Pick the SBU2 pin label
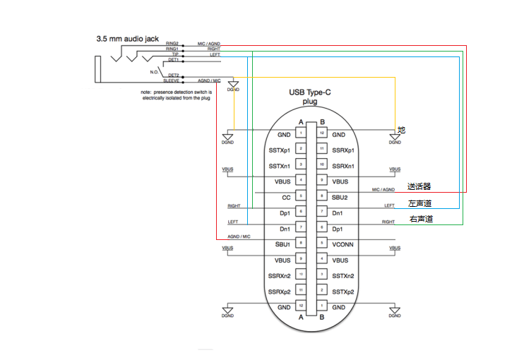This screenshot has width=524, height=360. (x=340, y=197)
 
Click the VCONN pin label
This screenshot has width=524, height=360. (x=344, y=244)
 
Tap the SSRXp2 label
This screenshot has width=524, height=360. (x=280, y=292)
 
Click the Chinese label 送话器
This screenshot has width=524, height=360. (x=419, y=187)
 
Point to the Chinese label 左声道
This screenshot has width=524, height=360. (x=419, y=203)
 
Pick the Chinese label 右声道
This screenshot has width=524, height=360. (x=421, y=220)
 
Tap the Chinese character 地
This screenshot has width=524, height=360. (x=401, y=130)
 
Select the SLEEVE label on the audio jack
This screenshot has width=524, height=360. (x=171, y=81)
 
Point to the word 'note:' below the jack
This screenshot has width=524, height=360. (x=147, y=92)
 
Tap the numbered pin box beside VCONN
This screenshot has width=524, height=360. (x=321, y=244)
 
